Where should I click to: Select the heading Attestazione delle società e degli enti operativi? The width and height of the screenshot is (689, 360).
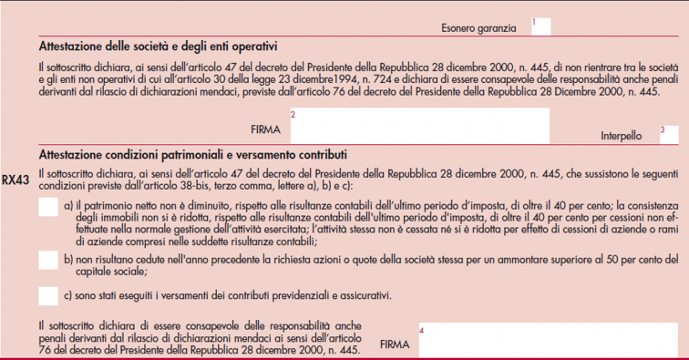158,46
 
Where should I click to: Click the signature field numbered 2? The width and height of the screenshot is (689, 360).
419,127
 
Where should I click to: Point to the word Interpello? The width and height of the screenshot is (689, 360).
621,137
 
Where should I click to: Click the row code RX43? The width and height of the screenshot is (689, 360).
16,180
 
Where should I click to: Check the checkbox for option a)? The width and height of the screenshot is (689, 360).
49,209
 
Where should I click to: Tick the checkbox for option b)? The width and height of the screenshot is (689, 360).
49,262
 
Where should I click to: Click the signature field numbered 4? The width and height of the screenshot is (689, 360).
547,341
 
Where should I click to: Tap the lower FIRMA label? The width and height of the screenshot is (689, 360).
395,345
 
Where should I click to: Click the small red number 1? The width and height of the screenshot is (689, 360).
534,21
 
